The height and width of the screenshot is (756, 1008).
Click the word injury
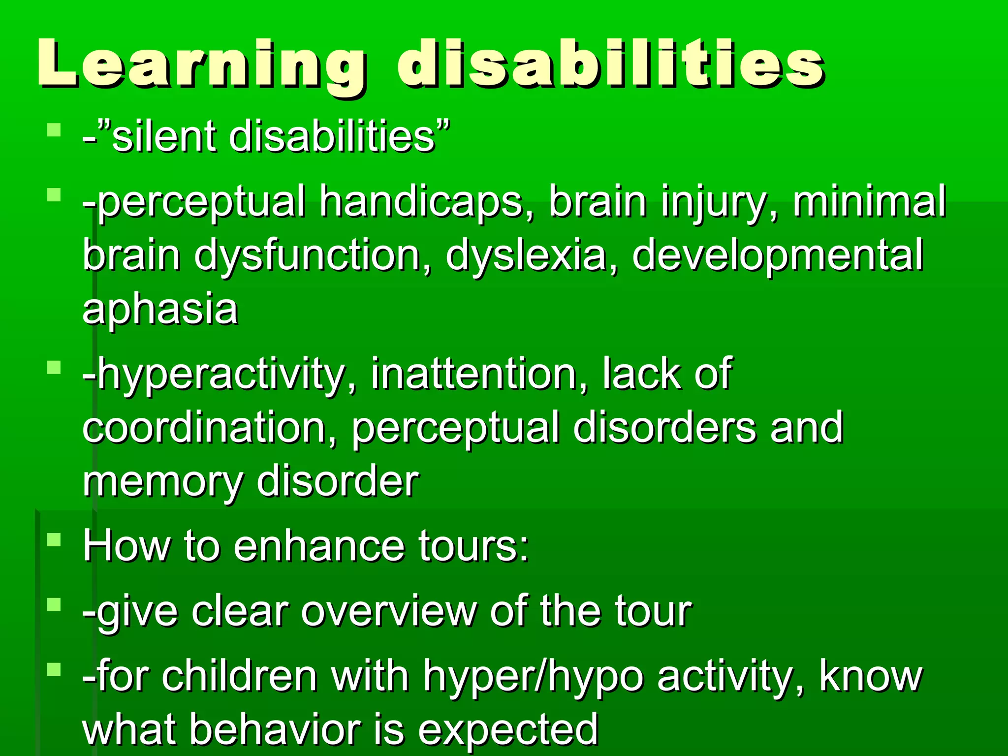click(x=719, y=202)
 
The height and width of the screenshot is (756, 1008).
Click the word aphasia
click(x=160, y=309)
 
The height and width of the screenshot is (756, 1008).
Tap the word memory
click(x=163, y=482)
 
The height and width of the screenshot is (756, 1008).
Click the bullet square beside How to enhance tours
click(x=54, y=540)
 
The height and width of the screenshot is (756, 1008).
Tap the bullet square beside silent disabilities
click(x=54, y=130)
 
